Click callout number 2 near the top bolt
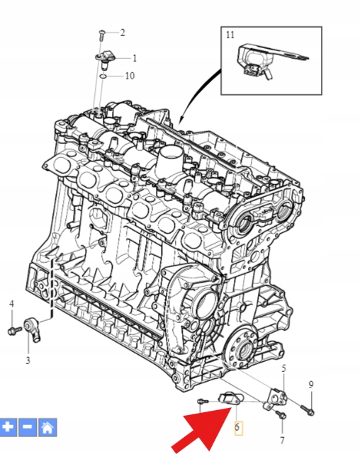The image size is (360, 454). pyautogui.click(x=123, y=33)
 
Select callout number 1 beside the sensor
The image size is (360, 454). pyautogui.click(x=135, y=58)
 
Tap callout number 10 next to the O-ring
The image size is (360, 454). pyautogui.click(x=130, y=76)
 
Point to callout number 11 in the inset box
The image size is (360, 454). pyautogui.click(x=230, y=35)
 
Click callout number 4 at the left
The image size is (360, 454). pyautogui.click(x=11, y=304)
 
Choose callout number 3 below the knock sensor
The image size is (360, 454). pyautogui.click(x=28, y=361)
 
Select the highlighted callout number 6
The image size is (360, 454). pyautogui.click(x=237, y=427)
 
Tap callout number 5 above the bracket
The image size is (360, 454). pyautogui.click(x=283, y=368)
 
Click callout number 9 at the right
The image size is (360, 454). pyautogui.click(x=311, y=385)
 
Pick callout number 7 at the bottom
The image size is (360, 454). pyautogui.click(x=282, y=441)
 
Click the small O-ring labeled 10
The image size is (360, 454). pyautogui.click(x=103, y=76)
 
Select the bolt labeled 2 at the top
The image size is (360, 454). pyautogui.click(x=101, y=35)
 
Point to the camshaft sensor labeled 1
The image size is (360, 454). pyautogui.click(x=105, y=59)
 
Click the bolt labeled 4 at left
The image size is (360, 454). pyautogui.click(x=14, y=330)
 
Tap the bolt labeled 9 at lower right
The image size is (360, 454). pyautogui.click(x=308, y=409)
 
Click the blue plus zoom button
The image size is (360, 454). pyautogui.click(x=8, y=427)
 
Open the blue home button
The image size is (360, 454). pyautogui.click(x=47, y=427)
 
